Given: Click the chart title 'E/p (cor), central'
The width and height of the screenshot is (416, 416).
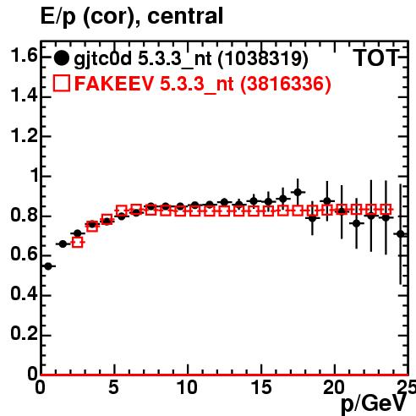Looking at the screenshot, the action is coord(132,17).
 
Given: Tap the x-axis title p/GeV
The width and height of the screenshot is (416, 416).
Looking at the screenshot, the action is coord(374,404).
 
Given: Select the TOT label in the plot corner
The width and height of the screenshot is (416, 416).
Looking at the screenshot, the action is coord(376,58).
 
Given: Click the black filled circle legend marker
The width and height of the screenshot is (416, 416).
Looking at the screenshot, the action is coord(61,58).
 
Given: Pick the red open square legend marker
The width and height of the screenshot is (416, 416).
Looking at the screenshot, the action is coord(62,83).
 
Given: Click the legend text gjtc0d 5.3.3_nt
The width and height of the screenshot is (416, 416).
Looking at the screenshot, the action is coord(143,60).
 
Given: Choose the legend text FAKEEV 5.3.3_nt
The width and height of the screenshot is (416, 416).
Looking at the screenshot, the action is coord(154,84).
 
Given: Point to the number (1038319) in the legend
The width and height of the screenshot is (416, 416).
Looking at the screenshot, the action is coord(263,59).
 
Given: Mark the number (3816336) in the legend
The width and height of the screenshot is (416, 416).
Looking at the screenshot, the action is coord(286,84).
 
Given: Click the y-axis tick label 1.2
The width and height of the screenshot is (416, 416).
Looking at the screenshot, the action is coord(24,136).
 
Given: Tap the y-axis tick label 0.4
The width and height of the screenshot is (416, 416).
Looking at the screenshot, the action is coord(24,294).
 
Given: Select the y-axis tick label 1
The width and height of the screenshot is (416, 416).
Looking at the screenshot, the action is coord(35,176).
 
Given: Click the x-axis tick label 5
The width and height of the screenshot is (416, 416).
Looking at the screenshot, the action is coord(113,387).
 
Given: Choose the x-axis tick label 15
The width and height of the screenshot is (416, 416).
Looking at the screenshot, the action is coord(261,387).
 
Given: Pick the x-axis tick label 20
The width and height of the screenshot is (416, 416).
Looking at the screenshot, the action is coord(334,387).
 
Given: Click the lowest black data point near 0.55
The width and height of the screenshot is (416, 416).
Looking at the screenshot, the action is coord(48,266).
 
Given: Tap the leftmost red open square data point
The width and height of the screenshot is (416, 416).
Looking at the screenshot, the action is coord(78,243).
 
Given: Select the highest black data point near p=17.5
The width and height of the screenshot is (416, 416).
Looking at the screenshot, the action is coord(298,192).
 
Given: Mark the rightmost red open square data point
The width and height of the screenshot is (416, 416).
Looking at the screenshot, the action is coord(386,210).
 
